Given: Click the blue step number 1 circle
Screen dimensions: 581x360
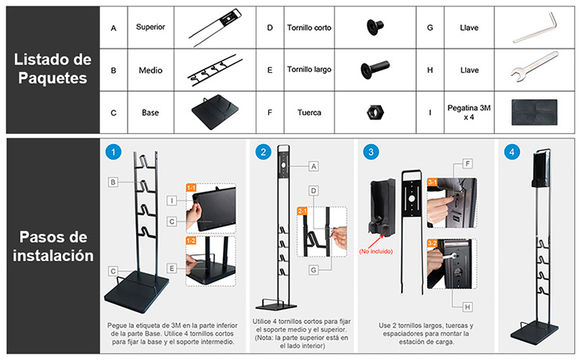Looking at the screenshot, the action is tap(113, 152).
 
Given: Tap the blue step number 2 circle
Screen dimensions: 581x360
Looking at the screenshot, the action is tap(263, 152).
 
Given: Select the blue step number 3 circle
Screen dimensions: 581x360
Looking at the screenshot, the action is tap(371, 152).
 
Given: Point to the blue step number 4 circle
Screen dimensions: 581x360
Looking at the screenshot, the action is tap(511, 152).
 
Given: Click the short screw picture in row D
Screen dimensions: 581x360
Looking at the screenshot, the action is tap(375, 27).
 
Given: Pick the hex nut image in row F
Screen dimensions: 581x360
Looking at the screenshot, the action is tap(375, 112).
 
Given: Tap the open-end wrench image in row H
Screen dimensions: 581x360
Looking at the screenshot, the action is tap(534, 67).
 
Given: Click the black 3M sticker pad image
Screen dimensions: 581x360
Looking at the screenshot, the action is tap(534, 113).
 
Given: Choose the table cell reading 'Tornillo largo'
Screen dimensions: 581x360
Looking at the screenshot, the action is tap(309, 70).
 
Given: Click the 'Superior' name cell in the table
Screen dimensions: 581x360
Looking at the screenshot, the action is tap(150, 27).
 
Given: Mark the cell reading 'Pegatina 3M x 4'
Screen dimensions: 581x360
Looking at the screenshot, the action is tap(469, 113).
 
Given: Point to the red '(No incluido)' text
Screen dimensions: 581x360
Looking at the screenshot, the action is tap(375, 251).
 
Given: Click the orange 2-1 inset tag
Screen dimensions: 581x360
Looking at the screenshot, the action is tap(303, 211).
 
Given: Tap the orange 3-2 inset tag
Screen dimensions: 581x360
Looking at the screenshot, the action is tap(432, 243).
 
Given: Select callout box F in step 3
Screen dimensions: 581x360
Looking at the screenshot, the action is tap(468, 164).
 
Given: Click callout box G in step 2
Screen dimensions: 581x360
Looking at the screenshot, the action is tap(314, 270).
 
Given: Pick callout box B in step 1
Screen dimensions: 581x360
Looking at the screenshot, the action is tap(113, 182).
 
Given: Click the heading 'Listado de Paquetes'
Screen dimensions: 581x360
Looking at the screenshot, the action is tap(52, 69).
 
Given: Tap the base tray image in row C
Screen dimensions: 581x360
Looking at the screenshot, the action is tap(215, 112).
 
